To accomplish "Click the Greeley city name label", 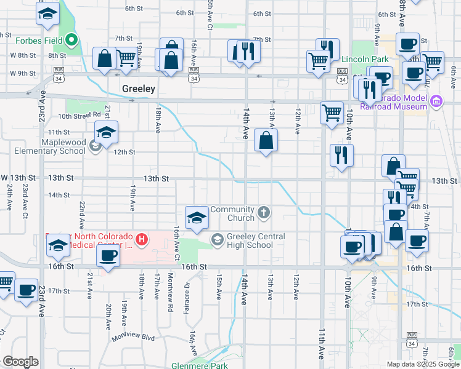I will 138,89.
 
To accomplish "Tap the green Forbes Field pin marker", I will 71,41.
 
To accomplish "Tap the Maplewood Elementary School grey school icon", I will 95,146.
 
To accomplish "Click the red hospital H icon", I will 142,239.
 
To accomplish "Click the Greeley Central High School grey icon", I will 218,239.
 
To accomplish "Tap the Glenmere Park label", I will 200,365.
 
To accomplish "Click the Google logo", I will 20,362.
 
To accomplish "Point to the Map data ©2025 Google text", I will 422,364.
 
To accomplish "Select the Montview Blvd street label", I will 133,338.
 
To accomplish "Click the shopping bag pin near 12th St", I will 266,141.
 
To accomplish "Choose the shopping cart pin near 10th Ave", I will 332,112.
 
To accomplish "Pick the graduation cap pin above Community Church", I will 197,217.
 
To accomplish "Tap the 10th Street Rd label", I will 80,115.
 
